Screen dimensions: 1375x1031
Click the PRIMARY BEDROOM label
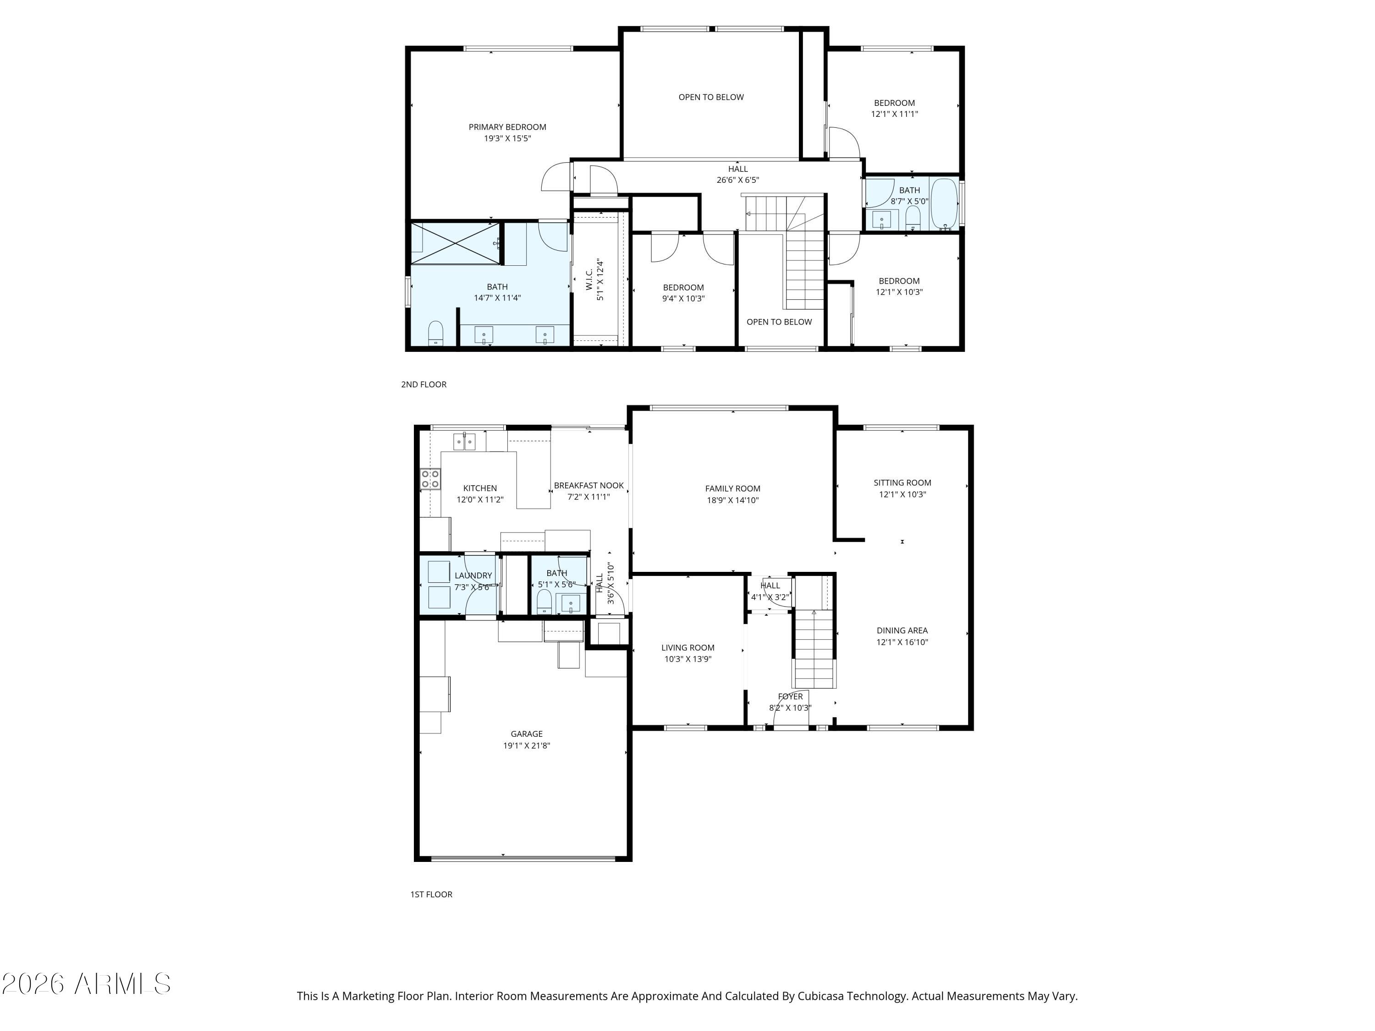tap(507, 127)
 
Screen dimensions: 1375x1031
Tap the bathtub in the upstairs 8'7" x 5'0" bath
tap(944, 204)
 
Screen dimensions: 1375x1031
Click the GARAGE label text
tap(527, 734)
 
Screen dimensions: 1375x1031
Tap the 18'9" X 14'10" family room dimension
tap(733, 500)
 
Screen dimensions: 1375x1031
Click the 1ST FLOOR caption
tap(431, 894)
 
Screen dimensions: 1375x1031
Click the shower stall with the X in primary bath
tap(456, 244)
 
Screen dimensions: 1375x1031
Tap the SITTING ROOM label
tap(902, 483)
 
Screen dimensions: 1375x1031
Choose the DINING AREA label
tap(902, 631)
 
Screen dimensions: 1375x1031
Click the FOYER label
tap(790, 696)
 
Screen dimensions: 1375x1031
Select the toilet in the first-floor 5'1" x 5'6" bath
tap(544, 602)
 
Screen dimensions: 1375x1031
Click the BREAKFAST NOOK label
tap(588, 485)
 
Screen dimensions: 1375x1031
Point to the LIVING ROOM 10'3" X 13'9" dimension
tap(687, 659)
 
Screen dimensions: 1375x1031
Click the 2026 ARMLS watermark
tap(87, 984)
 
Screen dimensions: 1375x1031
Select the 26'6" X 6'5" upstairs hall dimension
tap(738, 180)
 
